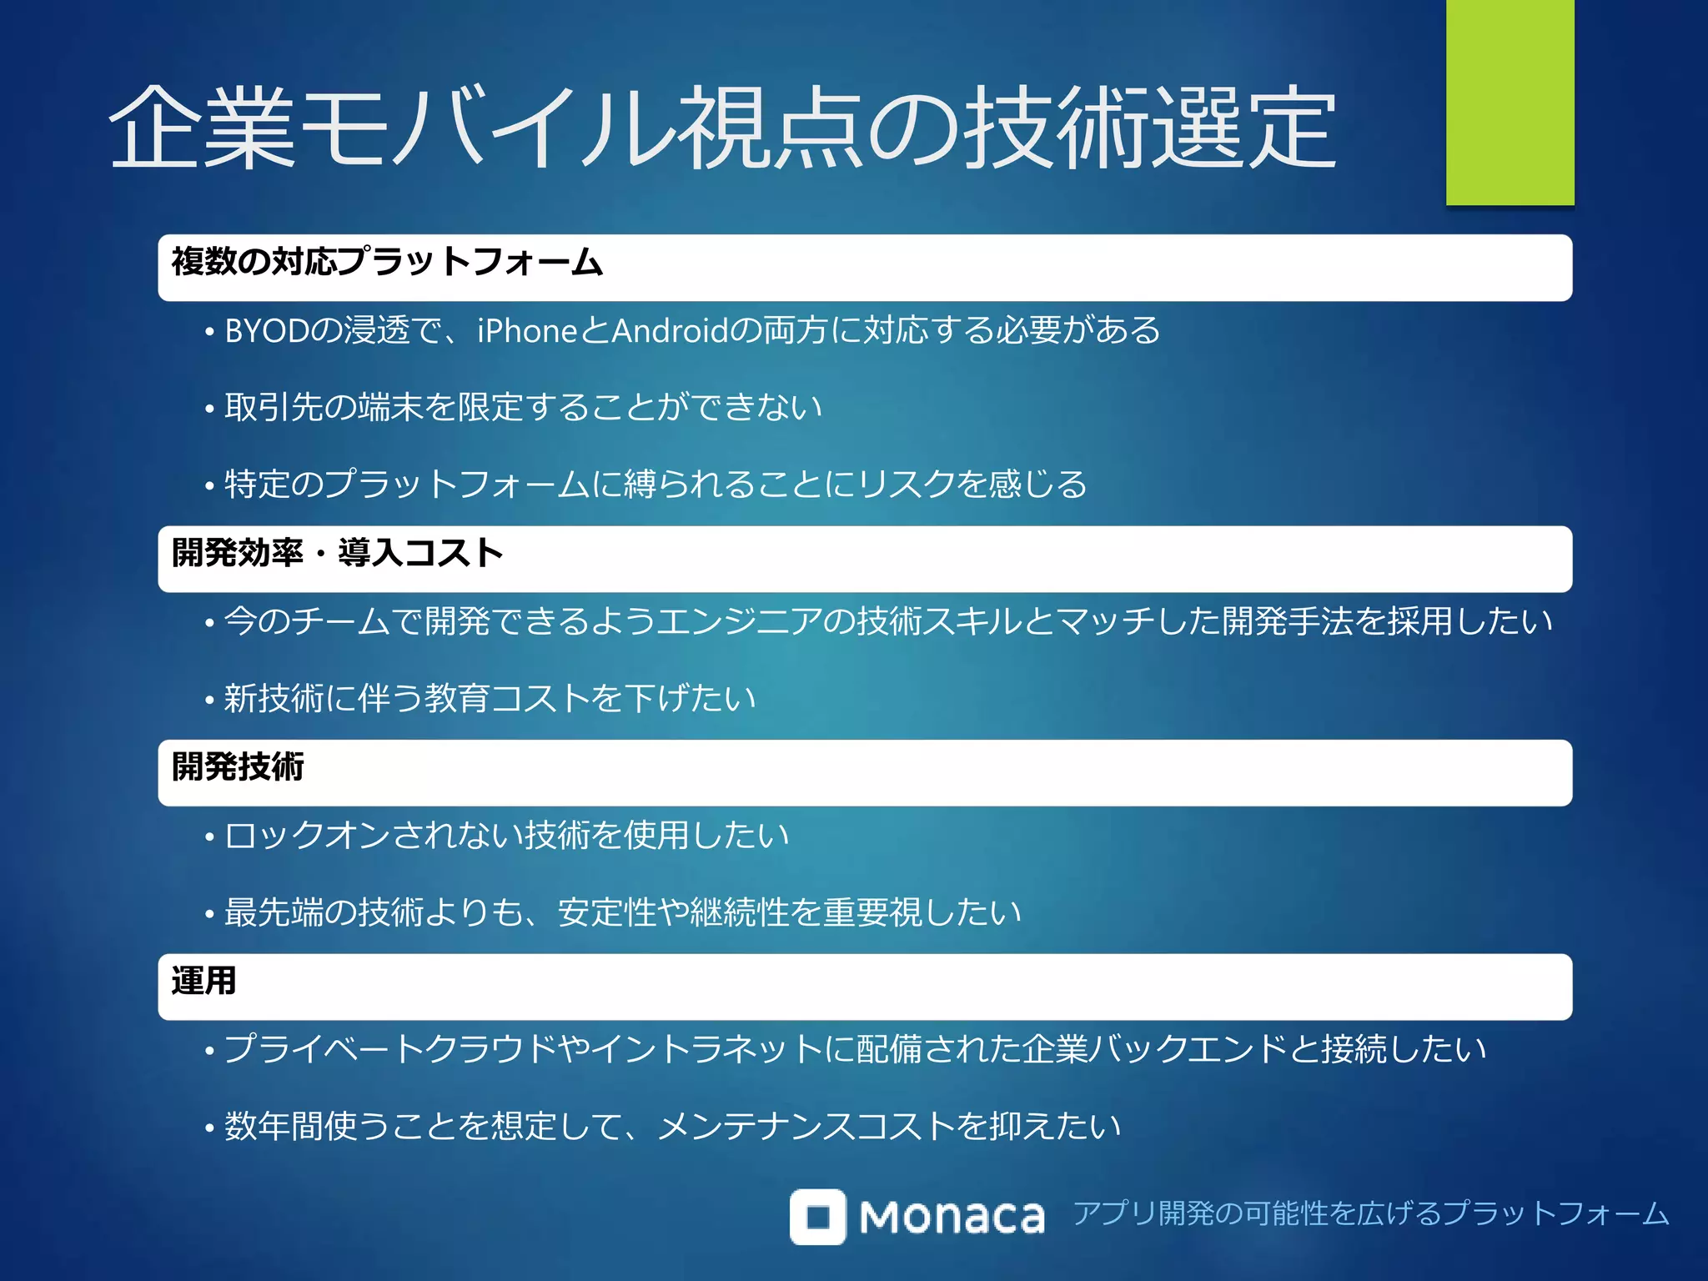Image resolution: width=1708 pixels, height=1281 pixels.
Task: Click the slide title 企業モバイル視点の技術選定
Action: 722,128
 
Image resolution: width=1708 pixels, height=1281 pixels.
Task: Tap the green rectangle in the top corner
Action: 1510,102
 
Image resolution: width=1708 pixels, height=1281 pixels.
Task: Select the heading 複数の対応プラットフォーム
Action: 387,262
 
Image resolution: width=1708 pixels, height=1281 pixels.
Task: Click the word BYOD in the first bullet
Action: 267,331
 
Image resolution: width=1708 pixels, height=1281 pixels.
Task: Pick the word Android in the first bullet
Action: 671,331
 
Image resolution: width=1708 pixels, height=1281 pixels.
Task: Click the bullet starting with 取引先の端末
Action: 523,408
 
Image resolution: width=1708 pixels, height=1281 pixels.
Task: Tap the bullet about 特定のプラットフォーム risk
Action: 656,485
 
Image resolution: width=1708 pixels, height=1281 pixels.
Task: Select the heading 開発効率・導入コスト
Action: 337,553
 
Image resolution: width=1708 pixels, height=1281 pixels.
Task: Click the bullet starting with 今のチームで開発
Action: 887,621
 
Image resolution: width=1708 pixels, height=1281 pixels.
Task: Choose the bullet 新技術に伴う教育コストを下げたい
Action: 490,698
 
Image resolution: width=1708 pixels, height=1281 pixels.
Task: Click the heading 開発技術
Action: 238,766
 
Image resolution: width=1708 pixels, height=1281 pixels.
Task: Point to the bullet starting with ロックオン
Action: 506,835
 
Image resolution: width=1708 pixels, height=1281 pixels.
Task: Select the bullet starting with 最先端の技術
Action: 622,912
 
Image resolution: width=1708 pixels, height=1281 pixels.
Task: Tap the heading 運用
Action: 203,981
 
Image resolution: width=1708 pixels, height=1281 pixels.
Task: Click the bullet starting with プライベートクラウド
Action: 855,1049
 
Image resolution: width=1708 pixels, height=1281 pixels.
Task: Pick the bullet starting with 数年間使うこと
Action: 672,1126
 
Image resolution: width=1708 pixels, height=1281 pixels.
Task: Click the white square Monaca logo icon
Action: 817,1217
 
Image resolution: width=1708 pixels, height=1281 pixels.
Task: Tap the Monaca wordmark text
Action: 952,1218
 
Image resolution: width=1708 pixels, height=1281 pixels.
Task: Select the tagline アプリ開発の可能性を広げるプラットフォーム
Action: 1370,1213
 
